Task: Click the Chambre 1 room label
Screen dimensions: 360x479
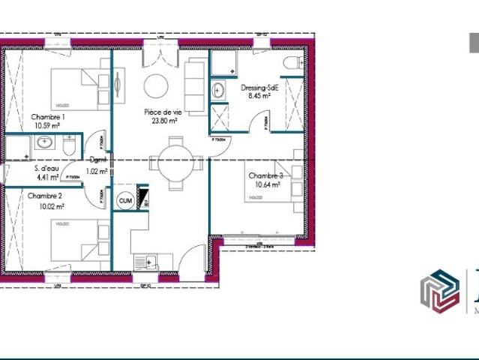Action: point(48,117)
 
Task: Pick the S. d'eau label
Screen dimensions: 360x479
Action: point(46,169)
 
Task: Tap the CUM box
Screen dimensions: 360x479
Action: point(125,200)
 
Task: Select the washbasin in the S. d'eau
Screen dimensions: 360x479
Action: point(45,144)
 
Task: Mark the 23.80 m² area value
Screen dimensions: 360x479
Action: point(164,120)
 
